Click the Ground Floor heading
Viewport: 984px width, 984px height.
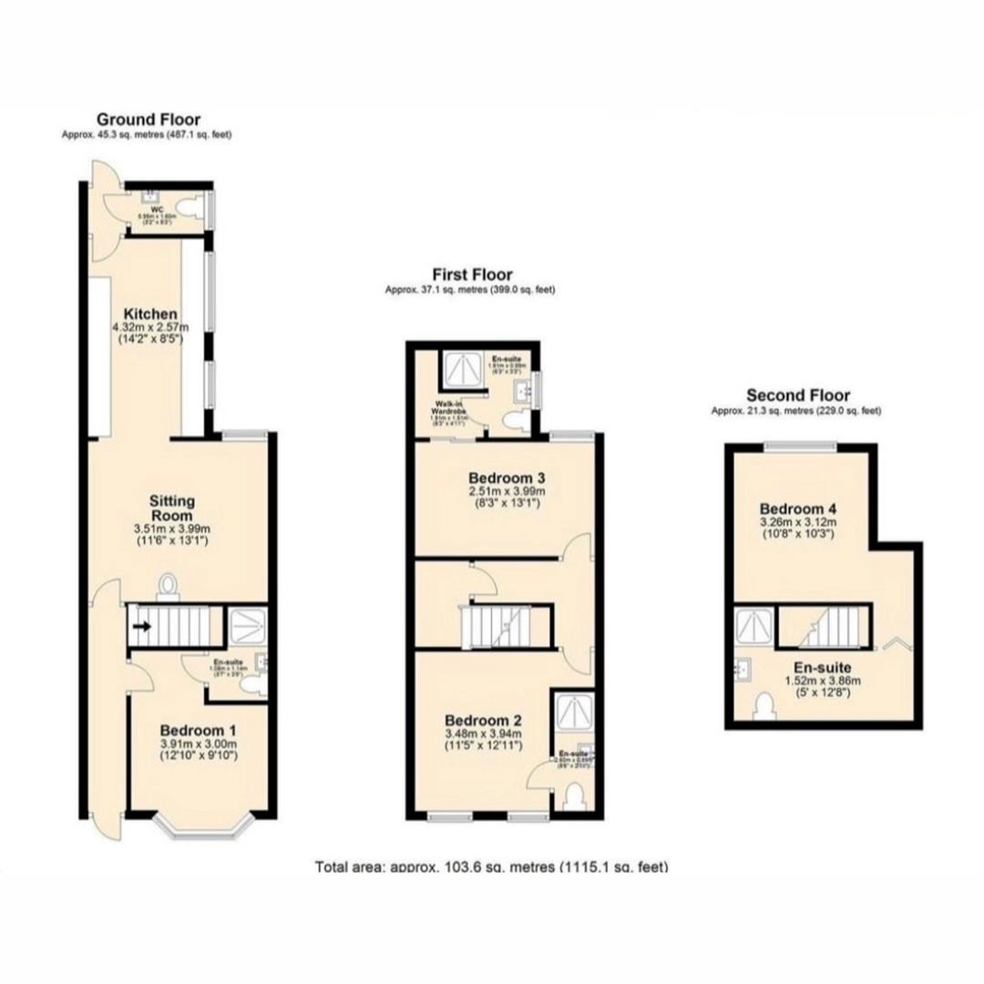[149, 118]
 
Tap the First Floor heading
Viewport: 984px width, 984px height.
[472, 274]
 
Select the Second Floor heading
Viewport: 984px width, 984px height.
[797, 395]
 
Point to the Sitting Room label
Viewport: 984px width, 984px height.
[172, 509]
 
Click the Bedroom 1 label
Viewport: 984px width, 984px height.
[198, 730]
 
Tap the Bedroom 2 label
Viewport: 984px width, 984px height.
[482, 717]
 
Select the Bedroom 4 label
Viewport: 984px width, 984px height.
[798, 508]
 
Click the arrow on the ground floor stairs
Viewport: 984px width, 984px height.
[142, 626]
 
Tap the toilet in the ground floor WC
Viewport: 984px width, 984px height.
[189, 209]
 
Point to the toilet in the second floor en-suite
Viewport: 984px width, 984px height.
[764, 704]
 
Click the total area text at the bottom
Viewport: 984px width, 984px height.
[491, 866]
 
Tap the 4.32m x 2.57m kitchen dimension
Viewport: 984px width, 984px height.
[150, 328]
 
